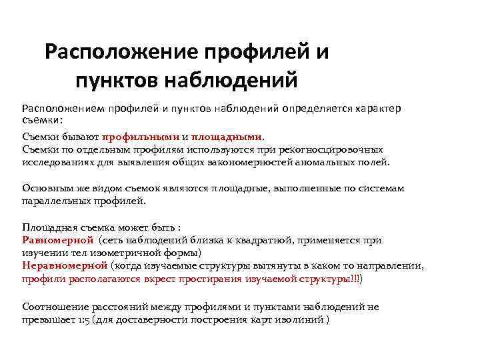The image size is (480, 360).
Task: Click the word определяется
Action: [317, 108]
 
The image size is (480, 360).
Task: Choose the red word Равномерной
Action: [57, 241]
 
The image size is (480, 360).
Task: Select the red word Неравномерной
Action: [65, 265]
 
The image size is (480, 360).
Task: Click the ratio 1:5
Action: [83, 319]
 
